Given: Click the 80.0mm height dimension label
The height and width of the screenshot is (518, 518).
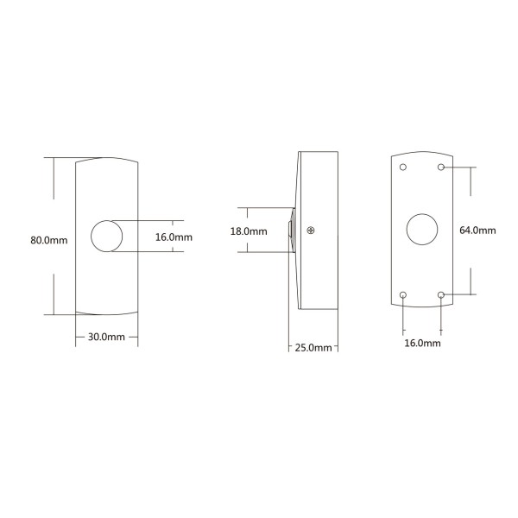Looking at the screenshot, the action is (49, 240).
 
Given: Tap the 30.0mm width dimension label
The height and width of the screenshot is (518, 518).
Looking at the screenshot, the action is (106, 337).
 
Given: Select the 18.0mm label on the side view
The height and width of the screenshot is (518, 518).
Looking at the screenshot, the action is (249, 231).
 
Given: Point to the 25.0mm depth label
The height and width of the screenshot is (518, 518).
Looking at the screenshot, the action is (313, 348).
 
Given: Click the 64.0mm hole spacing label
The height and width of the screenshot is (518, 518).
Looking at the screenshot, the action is (477, 231).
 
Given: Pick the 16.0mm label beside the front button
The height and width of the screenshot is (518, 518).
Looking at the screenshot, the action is (174, 237).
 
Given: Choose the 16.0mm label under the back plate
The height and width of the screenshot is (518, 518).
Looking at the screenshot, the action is (422, 343).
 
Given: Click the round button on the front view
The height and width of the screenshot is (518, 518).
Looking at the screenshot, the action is (107, 236).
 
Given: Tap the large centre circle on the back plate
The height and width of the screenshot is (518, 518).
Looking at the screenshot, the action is (422, 230).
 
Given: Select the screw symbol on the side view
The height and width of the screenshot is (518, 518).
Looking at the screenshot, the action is (311, 231).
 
